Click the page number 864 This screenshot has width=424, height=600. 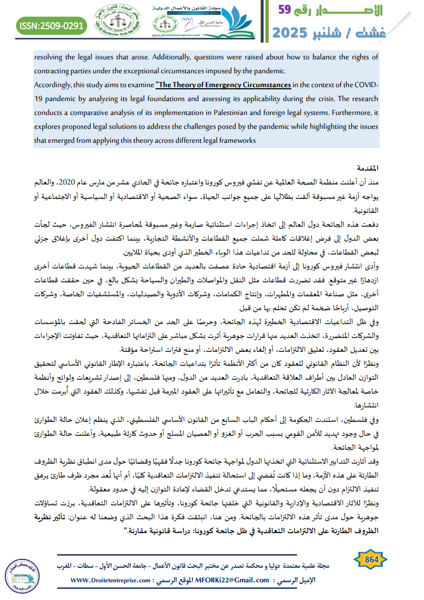pos(371,559)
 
